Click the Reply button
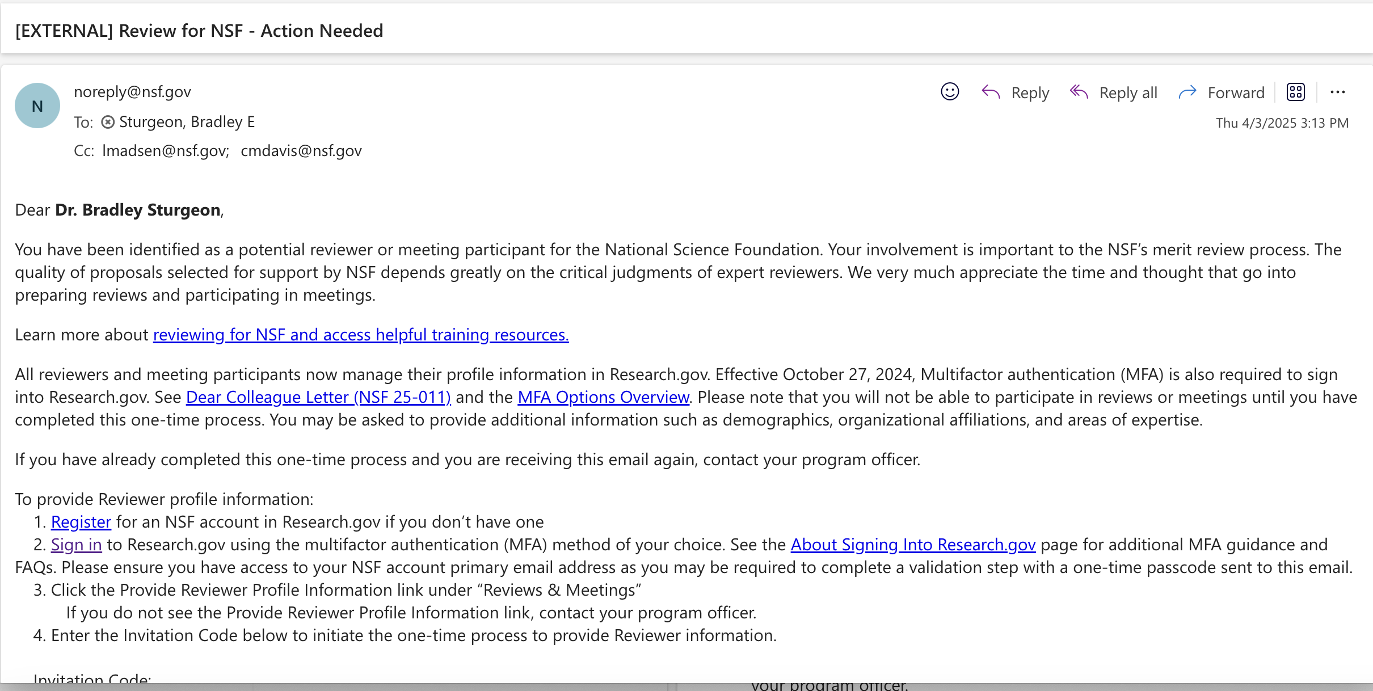point(1016,92)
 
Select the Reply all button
point(1114,92)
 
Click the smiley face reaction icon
point(950,92)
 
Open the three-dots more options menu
point(1337,92)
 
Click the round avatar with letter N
point(37,106)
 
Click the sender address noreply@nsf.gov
point(132,92)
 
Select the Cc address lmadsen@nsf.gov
point(165,151)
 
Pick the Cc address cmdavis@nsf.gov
point(301,151)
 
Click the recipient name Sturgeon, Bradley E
point(187,122)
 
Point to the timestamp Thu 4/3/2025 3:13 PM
point(1282,123)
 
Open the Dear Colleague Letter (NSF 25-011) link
point(318,397)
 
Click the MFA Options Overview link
point(603,397)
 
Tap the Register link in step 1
point(81,522)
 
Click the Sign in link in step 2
point(76,545)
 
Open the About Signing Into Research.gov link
point(913,545)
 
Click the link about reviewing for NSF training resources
point(361,335)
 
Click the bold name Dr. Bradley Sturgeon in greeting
point(138,210)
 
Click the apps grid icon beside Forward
point(1296,92)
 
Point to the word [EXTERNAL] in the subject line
point(64,31)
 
